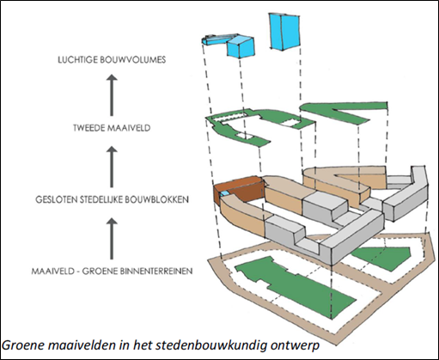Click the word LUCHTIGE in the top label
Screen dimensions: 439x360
pyautogui.click(x=76, y=59)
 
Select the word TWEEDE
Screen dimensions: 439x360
pyautogui.click(x=88, y=128)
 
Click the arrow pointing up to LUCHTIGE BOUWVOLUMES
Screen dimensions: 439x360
pyautogui.click(x=112, y=95)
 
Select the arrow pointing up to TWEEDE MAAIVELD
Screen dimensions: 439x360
pyautogui.click(x=112, y=167)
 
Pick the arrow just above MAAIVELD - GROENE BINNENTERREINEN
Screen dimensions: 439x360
pyautogui.click(x=112, y=239)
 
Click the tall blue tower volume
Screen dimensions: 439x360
pyautogui.click(x=285, y=32)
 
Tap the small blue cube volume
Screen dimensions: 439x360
pyautogui.click(x=241, y=47)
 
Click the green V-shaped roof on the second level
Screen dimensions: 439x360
pyautogui.click(x=344, y=113)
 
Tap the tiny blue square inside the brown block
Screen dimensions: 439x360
pyautogui.click(x=225, y=194)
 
